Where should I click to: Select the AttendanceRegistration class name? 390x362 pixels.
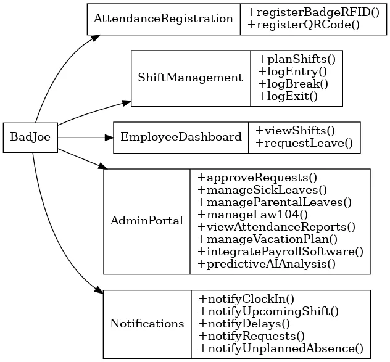tap(163, 19)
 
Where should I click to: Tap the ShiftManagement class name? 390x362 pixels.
tap(190, 78)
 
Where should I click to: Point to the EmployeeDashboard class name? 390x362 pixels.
tap(181, 137)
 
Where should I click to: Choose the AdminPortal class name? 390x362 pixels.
tap(146, 221)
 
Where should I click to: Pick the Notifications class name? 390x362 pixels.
tap(147, 324)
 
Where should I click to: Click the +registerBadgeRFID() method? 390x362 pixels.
tap(312, 13)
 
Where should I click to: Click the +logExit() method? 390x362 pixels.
tap(288, 96)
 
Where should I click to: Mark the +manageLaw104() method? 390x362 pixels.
tap(252, 215)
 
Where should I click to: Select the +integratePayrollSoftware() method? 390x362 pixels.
tap(280, 252)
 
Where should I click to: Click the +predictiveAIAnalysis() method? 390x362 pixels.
tap(267, 264)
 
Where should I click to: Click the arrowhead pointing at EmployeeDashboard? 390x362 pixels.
tap(109, 137)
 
